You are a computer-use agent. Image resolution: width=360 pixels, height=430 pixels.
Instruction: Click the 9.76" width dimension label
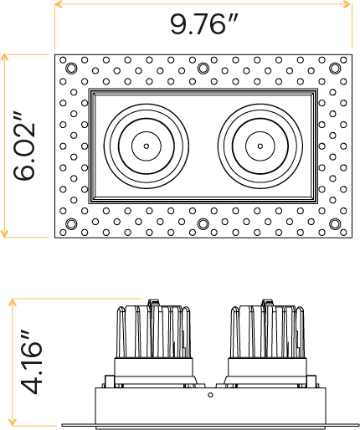point(204,24)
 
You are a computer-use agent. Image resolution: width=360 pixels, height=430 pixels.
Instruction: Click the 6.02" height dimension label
point(24,146)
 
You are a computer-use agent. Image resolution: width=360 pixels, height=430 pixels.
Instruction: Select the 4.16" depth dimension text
point(33,363)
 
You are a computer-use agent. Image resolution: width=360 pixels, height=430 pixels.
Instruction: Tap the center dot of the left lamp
point(147,146)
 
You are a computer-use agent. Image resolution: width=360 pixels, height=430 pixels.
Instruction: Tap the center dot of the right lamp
point(260,146)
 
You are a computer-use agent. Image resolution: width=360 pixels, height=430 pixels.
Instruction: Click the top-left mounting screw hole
point(71,68)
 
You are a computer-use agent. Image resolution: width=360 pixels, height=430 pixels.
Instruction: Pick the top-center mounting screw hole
point(203,68)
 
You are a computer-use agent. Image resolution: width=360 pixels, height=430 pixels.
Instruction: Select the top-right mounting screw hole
point(335,68)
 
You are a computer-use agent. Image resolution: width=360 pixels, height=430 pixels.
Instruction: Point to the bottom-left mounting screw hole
point(71,223)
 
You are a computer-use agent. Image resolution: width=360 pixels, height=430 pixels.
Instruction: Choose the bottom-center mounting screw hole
point(203,223)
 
